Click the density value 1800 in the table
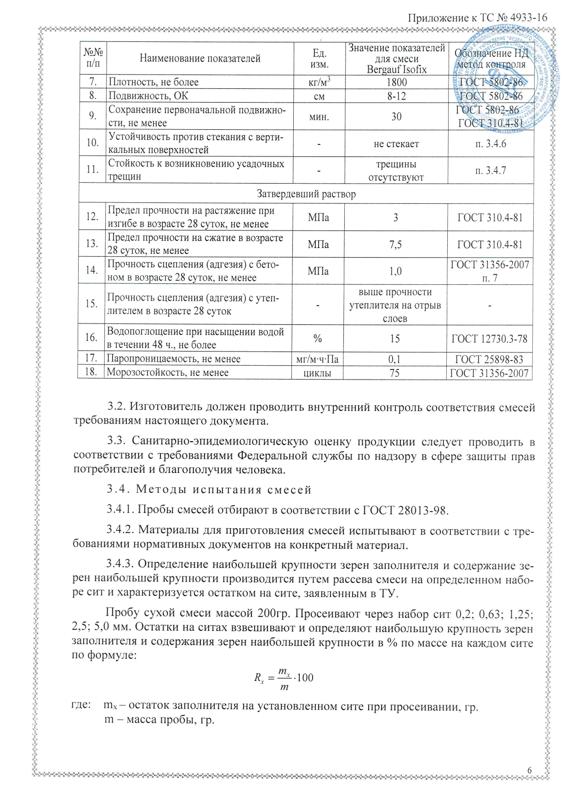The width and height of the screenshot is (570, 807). pos(396,82)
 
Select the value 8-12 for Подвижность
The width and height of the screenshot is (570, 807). pos(396,96)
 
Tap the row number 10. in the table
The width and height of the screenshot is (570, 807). pos(92,143)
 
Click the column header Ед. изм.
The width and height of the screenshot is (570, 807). pos(319,59)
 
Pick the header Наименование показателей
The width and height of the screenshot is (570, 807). pos(200,58)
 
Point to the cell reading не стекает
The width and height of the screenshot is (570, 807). pos(396,144)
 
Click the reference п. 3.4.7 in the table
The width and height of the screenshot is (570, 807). pos(490,171)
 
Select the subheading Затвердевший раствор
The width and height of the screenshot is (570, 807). pos(306,194)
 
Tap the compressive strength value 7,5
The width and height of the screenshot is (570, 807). pos(395,245)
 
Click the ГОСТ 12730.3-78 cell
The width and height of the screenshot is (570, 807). pos(490,339)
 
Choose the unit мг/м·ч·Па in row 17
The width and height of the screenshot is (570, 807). pos(318,359)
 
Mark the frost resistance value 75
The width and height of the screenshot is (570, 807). pos(394,373)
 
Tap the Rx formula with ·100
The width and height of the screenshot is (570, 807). pos(284,678)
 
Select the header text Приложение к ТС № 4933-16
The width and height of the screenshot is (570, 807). pos(478,18)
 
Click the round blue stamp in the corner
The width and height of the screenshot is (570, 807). pos(506,74)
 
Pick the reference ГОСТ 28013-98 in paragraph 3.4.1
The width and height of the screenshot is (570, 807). pos(405,510)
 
